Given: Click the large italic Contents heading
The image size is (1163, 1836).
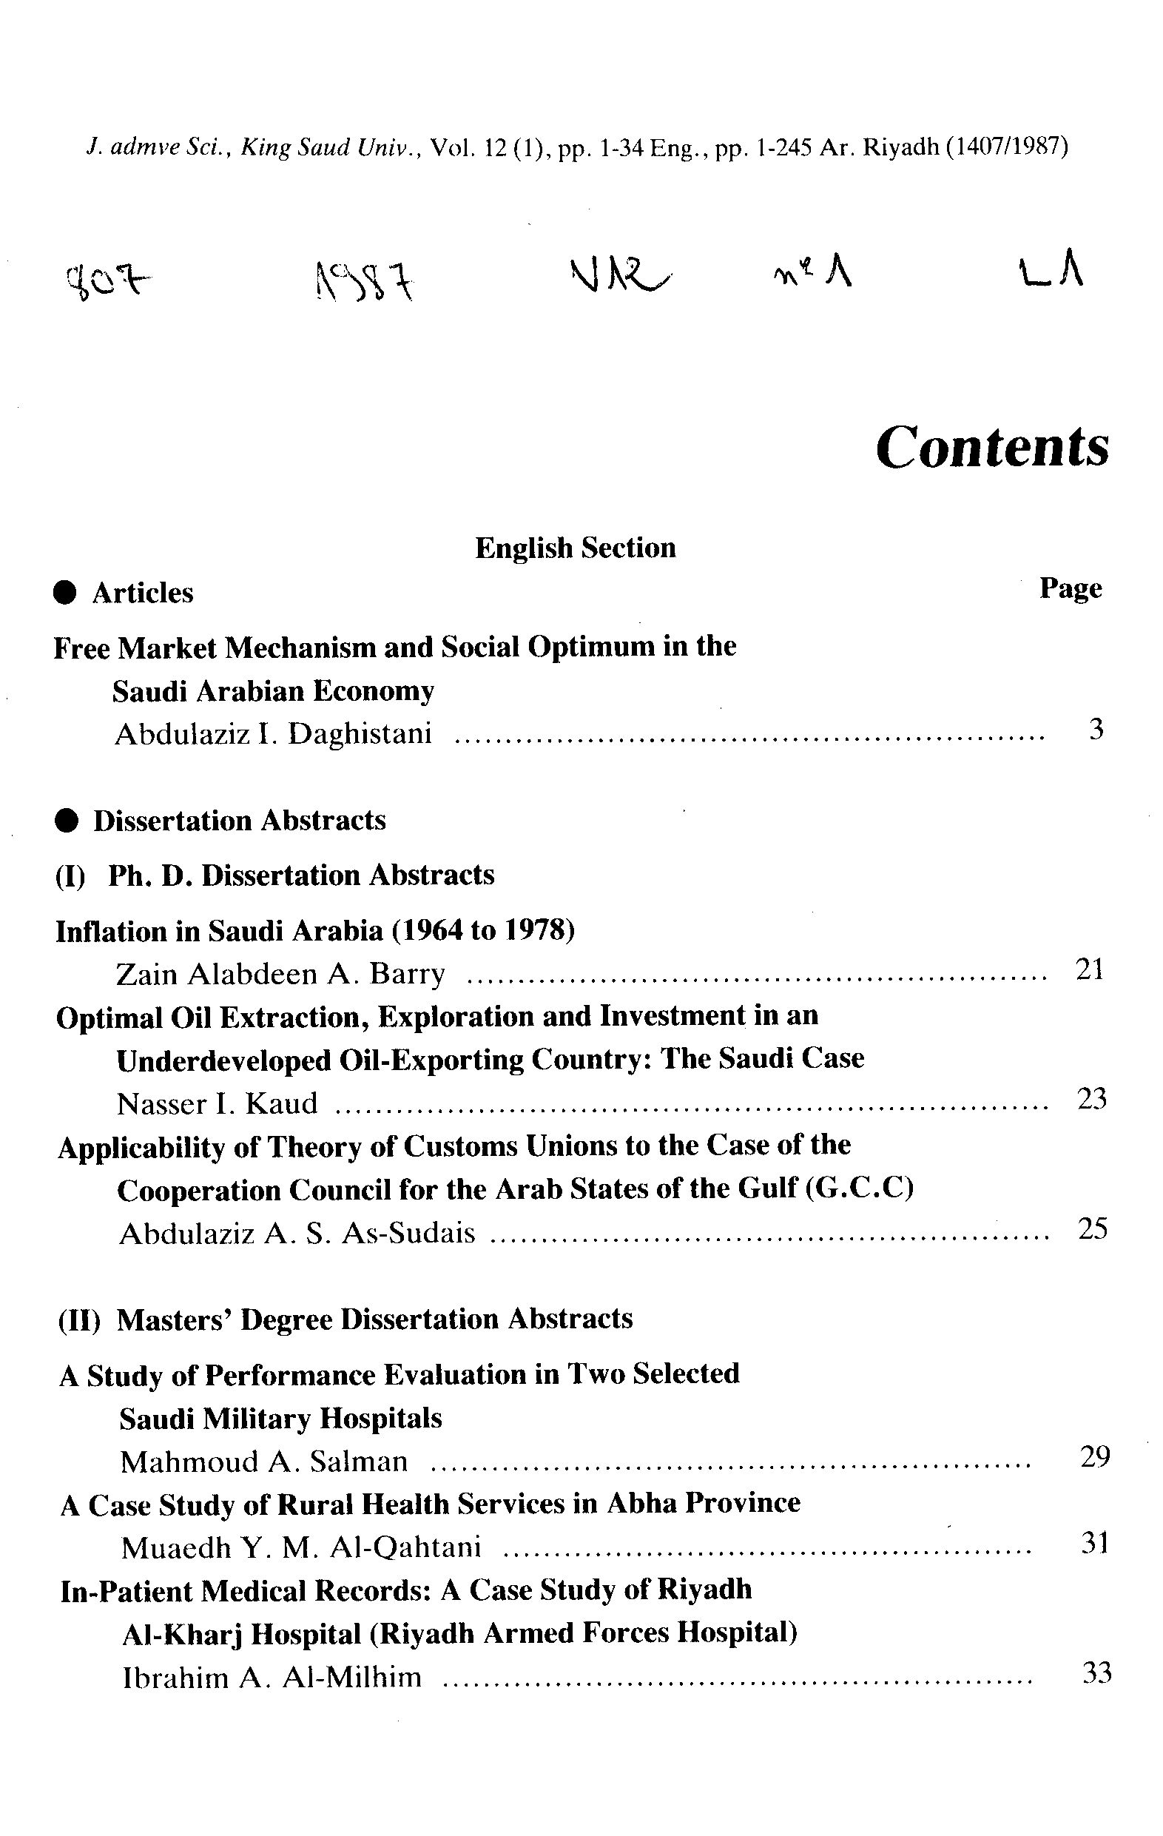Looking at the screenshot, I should click(991, 447).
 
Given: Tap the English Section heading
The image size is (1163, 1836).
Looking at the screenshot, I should click(576, 548).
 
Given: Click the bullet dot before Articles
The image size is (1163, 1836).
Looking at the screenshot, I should click(67, 593).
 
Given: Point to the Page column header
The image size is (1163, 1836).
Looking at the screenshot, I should click(1070, 588).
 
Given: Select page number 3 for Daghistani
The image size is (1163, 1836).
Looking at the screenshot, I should click(1096, 730).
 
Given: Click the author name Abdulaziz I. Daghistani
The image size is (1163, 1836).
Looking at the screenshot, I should click(273, 734).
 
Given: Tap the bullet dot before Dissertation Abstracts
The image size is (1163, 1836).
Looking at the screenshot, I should click(67, 821).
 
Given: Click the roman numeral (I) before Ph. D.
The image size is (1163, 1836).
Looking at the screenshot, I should click(71, 876).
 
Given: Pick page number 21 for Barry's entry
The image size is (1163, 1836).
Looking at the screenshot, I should click(1089, 969).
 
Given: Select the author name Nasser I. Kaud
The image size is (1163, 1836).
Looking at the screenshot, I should click(218, 1104).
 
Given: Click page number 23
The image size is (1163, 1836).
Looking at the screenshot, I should click(1091, 1099).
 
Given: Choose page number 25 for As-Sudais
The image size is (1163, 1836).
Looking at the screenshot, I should click(1092, 1228).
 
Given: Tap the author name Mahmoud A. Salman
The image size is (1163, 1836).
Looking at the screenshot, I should click(263, 1462).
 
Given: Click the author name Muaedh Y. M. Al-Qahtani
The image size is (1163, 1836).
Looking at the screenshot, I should click(301, 1548).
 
